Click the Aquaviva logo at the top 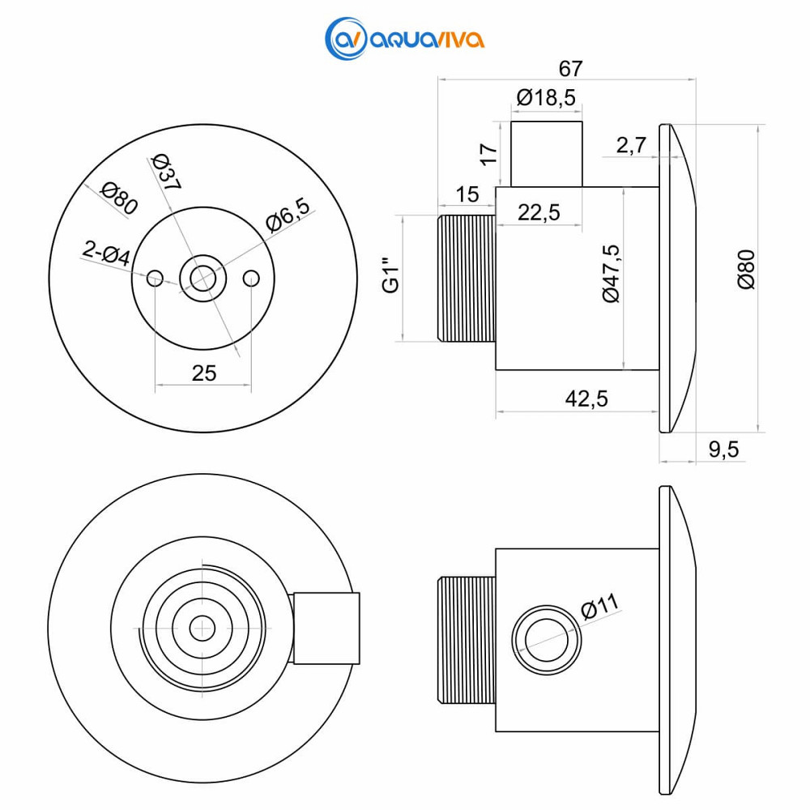[x=404, y=39]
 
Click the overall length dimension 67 [x=570, y=69]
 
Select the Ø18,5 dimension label [x=546, y=97]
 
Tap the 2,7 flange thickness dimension [x=631, y=145]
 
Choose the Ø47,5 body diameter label [x=611, y=273]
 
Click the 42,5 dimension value [x=586, y=399]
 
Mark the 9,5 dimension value [x=723, y=450]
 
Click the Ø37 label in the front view [x=166, y=172]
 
